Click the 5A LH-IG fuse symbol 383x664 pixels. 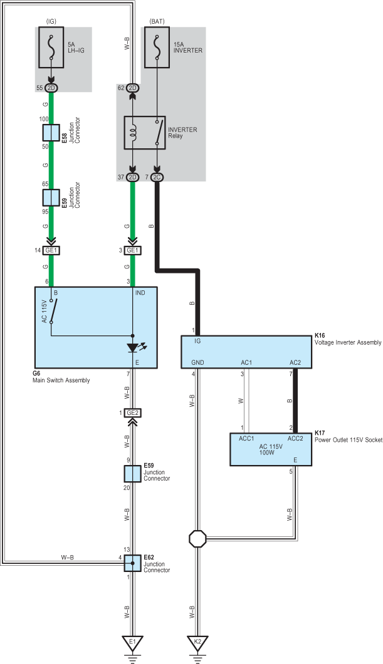pyautogui.click(x=51, y=48)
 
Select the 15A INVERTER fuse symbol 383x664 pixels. pyautogui.click(x=157, y=48)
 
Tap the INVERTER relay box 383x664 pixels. pyautogui.click(x=145, y=133)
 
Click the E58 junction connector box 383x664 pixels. pyautogui.click(x=51, y=133)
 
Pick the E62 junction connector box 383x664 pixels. pyautogui.click(x=132, y=563)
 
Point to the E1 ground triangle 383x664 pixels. pyautogui.click(x=132, y=643)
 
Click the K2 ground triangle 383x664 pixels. pyautogui.click(x=197, y=643)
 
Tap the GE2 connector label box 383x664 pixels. pyautogui.click(x=132, y=413)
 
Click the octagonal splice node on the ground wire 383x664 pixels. pyautogui.click(x=197, y=539)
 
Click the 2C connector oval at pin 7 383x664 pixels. pyautogui.click(x=157, y=177)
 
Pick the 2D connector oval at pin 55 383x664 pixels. pyautogui.click(x=51, y=88)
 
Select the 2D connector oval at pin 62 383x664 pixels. pyautogui.click(x=133, y=88)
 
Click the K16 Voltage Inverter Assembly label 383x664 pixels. pyautogui.click(x=348, y=339)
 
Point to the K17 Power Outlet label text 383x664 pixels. pyautogui.click(x=349, y=437)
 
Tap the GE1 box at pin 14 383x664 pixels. pyautogui.click(x=51, y=251)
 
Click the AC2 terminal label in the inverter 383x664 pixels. pyautogui.click(x=296, y=362)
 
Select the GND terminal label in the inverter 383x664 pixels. pyautogui.click(x=197, y=362)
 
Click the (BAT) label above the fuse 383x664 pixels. pyautogui.click(x=157, y=21)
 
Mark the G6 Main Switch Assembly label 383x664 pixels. pyautogui.click(x=61, y=377)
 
